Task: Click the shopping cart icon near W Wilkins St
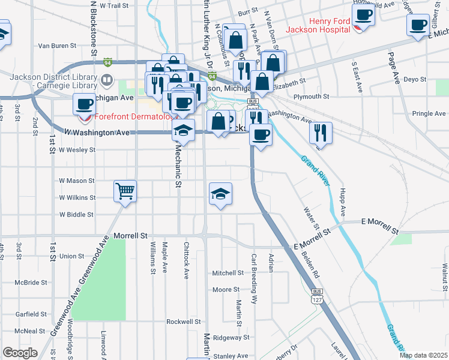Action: (125, 192)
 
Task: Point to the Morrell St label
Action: (130, 236)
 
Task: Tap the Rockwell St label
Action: (184, 322)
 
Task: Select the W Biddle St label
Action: (76, 214)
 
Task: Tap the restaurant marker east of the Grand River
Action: (321, 133)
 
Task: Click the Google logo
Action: (20, 353)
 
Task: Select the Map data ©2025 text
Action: (423, 355)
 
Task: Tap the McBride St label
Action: (31, 282)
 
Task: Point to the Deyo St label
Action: (415, 79)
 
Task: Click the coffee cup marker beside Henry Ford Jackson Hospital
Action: (363, 15)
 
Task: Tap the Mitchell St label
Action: (228, 272)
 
